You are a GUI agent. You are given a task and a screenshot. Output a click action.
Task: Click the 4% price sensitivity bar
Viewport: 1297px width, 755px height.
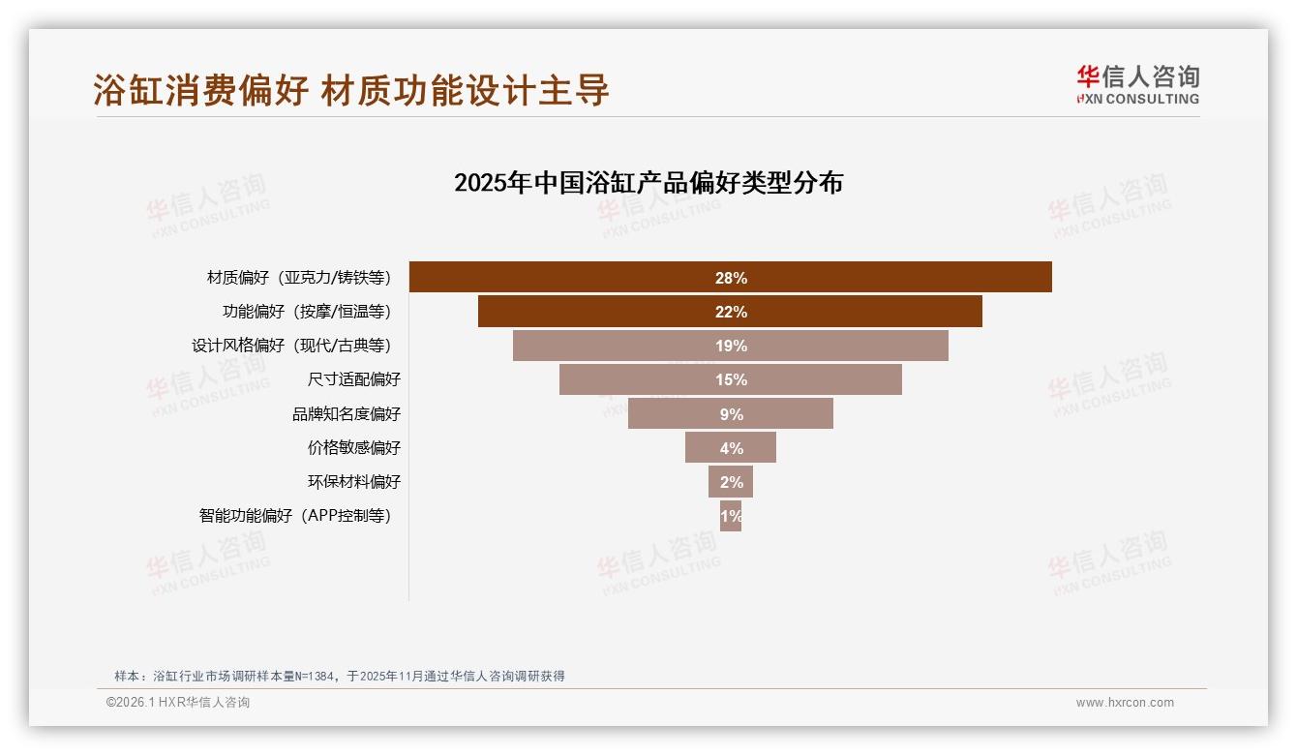point(731,447)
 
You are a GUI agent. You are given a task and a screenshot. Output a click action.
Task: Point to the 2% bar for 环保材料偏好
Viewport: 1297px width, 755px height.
point(731,481)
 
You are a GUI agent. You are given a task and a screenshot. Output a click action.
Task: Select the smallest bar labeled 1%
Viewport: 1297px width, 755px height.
point(731,515)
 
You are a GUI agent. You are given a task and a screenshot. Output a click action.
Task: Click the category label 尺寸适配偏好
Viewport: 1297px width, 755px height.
point(353,379)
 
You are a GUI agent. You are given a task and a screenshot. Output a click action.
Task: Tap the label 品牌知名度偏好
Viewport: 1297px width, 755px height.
point(347,413)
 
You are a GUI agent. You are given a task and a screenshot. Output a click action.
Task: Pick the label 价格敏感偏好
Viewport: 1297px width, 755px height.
point(353,447)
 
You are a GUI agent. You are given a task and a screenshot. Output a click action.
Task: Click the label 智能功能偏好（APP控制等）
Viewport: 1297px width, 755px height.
point(295,515)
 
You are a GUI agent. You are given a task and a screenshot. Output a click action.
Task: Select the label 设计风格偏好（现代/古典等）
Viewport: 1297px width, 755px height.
point(291,346)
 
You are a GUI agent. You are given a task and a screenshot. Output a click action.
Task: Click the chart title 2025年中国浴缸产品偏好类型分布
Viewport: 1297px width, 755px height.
point(648,182)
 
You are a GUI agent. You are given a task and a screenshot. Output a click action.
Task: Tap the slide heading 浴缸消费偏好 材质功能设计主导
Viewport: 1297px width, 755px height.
point(351,90)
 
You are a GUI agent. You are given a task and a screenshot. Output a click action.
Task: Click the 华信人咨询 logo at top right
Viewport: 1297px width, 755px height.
point(1137,84)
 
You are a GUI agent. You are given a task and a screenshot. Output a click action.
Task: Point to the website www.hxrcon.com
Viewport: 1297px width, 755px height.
point(1125,703)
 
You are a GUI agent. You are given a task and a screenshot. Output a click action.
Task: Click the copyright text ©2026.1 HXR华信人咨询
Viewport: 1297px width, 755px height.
point(178,703)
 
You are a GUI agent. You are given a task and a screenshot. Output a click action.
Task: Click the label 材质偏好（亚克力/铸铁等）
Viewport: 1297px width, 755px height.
point(299,278)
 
